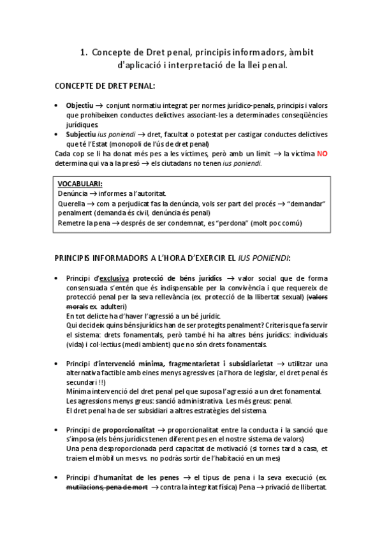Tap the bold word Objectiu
click(80, 105)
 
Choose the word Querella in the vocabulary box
click(72, 203)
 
